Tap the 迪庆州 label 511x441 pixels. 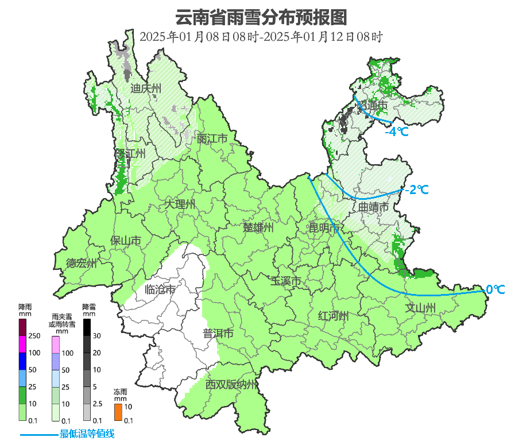pos(146,88)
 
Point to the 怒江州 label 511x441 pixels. pos(130,154)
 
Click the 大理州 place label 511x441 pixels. pos(180,204)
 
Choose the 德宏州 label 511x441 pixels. pos(81,264)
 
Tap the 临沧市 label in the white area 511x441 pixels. pos(160,290)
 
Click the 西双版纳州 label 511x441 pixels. pos(232,384)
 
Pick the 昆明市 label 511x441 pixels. pos(324,228)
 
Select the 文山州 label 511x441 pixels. pos(420,307)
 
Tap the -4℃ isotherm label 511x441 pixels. pos(397,131)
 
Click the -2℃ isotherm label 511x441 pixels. pos(416,189)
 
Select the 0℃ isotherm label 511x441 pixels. pos(495,289)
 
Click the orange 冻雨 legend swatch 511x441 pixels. pos(118,412)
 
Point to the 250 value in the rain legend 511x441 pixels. pos(34,336)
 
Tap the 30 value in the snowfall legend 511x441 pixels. pos(97,336)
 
